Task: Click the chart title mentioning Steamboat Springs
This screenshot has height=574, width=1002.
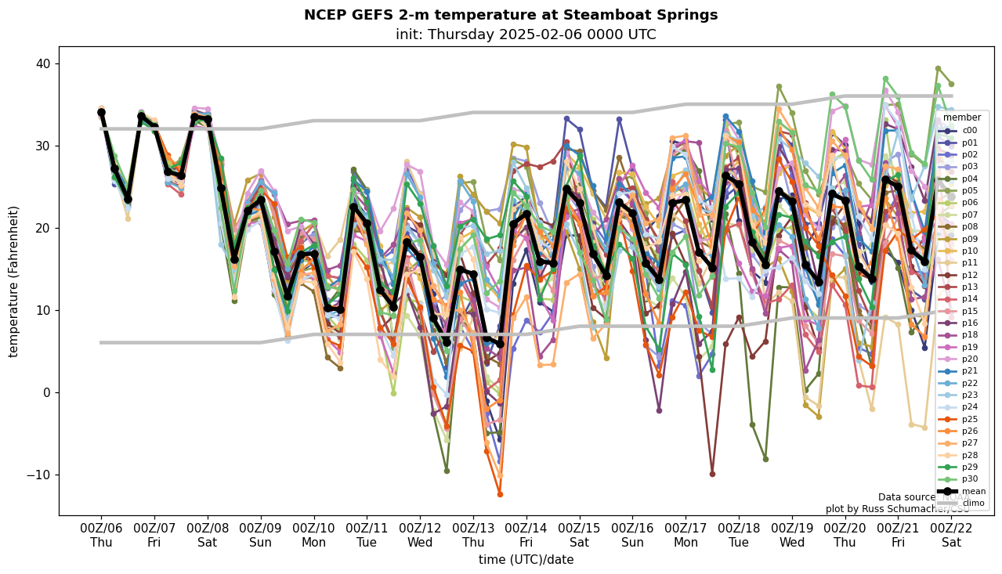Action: click(510, 15)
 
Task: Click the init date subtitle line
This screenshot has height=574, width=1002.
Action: click(526, 34)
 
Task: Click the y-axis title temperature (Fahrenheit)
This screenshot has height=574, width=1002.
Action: click(14, 281)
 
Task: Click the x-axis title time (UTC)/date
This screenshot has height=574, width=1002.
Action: click(526, 560)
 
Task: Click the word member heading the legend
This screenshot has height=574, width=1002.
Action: click(961, 117)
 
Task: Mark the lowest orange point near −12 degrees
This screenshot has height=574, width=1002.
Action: click(500, 494)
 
